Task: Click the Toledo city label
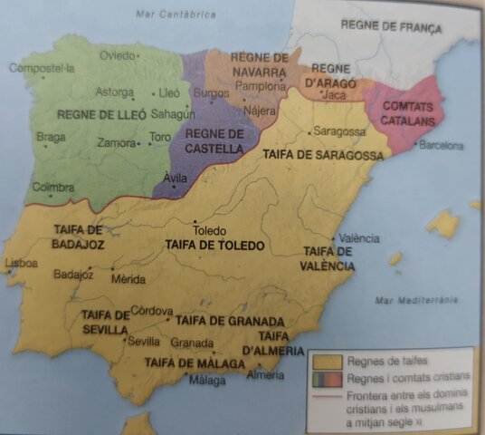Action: tap(209, 230)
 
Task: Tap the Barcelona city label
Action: tap(442, 145)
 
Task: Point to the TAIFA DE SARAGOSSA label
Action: tap(312, 155)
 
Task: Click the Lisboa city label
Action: tap(21, 263)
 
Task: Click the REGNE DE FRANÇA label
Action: tap(391, 28)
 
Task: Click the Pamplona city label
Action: tap(260, 86)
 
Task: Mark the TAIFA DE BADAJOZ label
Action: tap(79, 237)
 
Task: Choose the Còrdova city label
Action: tap(152, 311)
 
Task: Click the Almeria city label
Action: tap(264, 373)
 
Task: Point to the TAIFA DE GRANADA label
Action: tap(231, 321)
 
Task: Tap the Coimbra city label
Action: tap(53, 188)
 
